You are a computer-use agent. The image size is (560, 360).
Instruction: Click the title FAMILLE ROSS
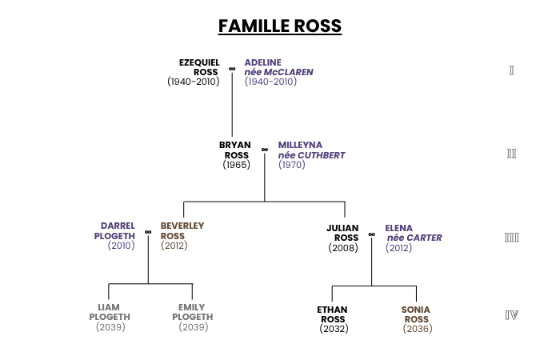(280, 26)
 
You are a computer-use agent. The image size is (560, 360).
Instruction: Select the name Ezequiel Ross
(199, 67)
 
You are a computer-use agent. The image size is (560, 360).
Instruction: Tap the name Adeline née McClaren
(278, 67)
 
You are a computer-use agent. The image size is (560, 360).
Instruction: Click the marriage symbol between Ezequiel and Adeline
(232, 69)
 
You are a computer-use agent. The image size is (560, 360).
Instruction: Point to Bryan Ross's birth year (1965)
(237, 165)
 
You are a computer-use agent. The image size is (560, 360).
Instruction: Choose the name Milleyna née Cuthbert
(311, 150)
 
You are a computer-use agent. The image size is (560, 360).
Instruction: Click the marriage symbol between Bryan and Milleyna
(265, 150)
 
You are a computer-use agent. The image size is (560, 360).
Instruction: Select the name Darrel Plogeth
(114, 230)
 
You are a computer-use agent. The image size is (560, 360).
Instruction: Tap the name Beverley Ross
(182, 230)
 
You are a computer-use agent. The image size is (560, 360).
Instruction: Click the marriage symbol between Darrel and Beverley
(148, 232)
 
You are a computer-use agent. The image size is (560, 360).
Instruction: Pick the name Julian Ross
(342, 233)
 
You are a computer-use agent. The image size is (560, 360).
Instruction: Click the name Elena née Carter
(414, 233)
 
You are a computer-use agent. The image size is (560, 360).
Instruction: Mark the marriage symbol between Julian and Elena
(372, 234)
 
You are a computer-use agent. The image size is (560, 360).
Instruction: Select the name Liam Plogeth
(110, 312)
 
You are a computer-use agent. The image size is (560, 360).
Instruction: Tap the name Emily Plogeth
(193, 312)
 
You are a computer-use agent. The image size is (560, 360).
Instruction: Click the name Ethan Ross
(333, 314)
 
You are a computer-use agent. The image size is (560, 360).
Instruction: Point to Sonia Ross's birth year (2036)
(418, 329)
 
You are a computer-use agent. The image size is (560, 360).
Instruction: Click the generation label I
(511, 70)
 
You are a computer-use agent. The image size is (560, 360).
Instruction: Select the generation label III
(511, 238)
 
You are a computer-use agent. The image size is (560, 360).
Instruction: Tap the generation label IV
(511, 315)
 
